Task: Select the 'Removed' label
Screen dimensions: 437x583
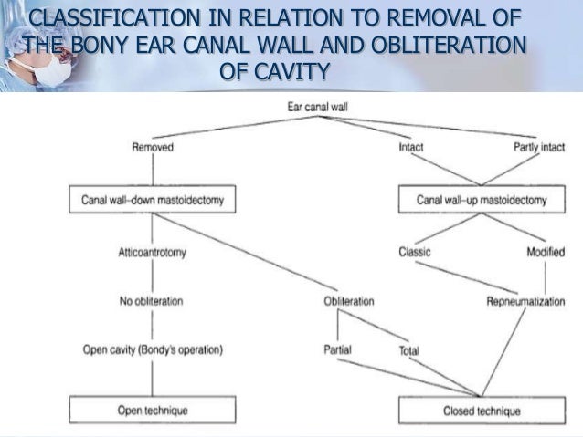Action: click(x=152, y=145)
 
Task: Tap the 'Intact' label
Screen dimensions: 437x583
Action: click(x=411, y=145)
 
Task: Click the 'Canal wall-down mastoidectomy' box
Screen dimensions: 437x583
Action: click(x=151, y=198)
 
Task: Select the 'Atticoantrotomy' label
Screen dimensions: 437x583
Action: click(x=152, y=252)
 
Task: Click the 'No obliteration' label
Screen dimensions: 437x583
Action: click(x=152, y=301)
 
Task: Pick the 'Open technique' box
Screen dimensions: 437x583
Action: click(x=152, y=411)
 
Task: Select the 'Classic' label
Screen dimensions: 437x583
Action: click(x=415, y=252)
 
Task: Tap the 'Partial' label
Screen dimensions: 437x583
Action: click(x=338, y=349)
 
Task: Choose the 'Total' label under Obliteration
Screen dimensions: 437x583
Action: click(x=409, y=349)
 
